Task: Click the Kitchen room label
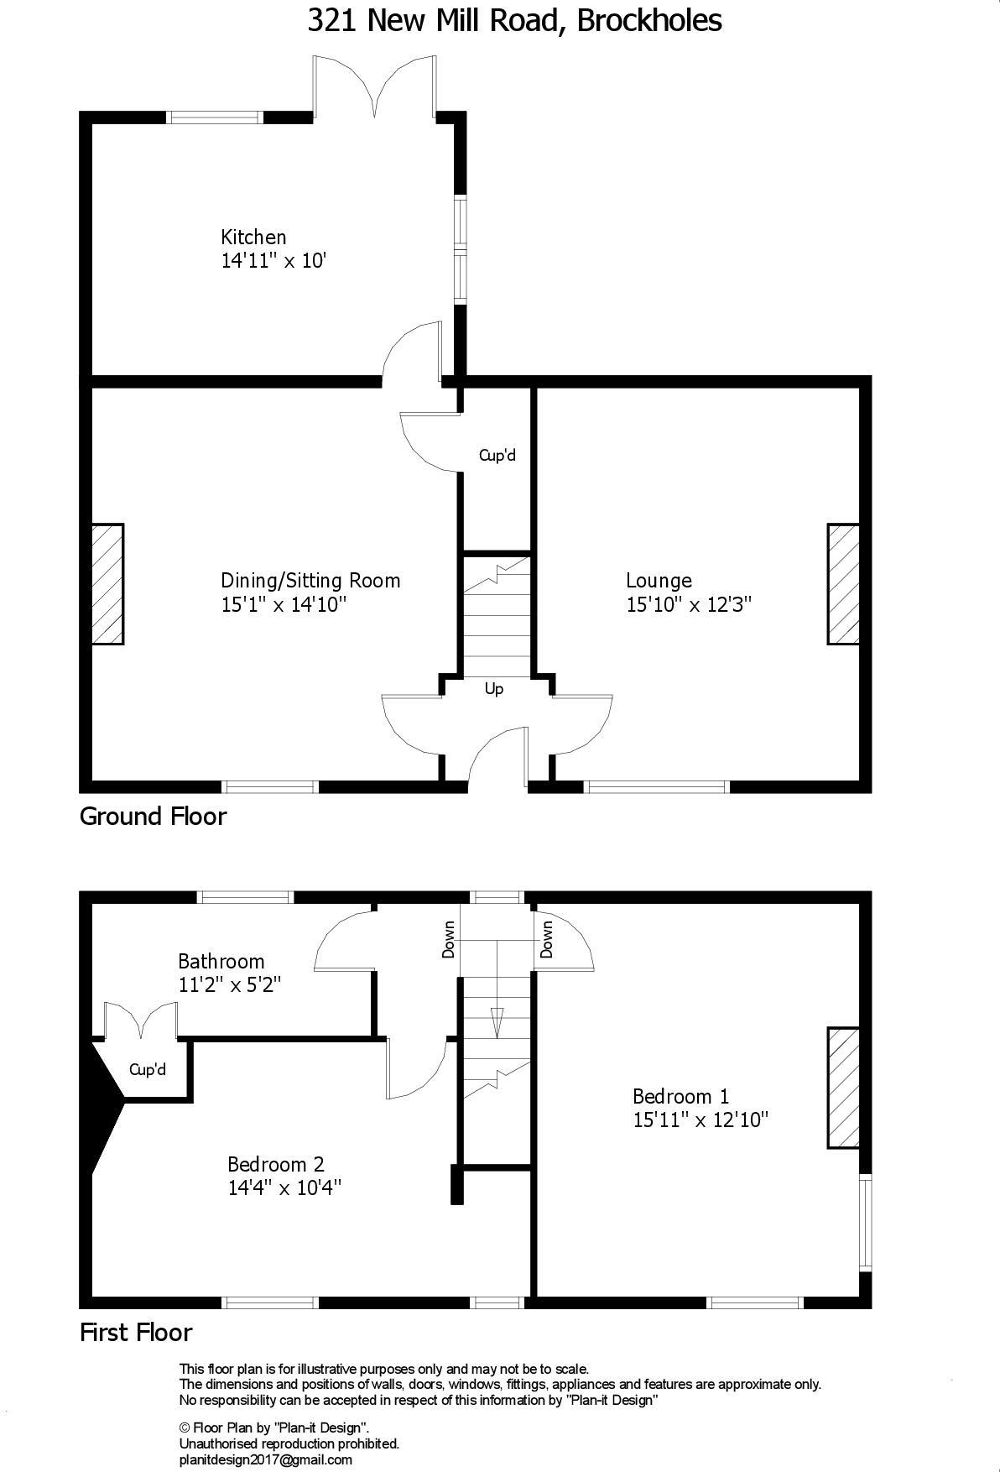(x=253, y=238)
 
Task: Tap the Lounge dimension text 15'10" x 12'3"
(x=688, y=604)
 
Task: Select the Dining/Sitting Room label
(x=310, y=581)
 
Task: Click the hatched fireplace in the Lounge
(x=843, y=584)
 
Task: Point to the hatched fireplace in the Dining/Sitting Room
(x=107, y=584)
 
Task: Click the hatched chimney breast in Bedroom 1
(x=843, y=1087)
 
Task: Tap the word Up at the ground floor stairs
(x=494, y=689)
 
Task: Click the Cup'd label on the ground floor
(x=497, y=456)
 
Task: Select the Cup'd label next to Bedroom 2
(x=148, y=1070)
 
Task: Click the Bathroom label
(x=221, y=962)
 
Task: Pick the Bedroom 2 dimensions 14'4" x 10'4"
(x=284, y=1188)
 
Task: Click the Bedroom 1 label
(x=680, y=1096)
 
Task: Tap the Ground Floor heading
(x=153, y=816)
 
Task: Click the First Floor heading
(x=136, y=1333)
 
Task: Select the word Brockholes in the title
(x=648, y=20)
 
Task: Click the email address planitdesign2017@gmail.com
(x=265, y=1459)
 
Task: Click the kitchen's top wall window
(x=216, y=117)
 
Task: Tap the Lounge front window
(x=656, y=786)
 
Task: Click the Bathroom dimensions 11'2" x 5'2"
(x=229, y=985)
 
